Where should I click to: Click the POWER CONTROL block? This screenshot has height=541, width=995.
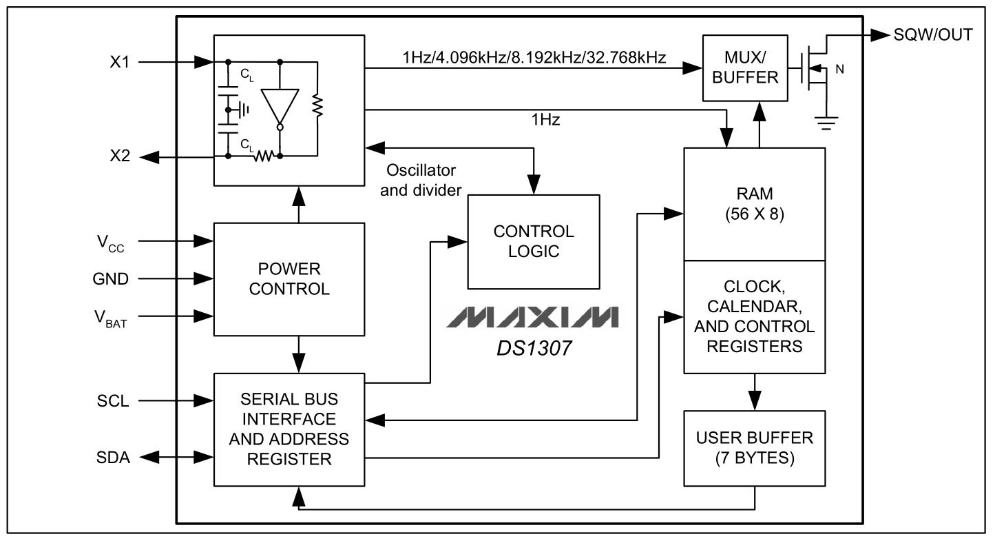[x=289, y=279]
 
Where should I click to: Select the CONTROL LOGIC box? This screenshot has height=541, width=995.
[x=534, y=242]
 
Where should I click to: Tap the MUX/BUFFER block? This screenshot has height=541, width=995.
[x=745, y=68]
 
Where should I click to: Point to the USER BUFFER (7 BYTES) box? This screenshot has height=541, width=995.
[x=754, y=448]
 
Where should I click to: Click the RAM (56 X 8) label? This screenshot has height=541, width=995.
[x=754, y=204]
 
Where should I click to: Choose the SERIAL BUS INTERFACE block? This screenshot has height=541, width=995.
[x=289, y=429]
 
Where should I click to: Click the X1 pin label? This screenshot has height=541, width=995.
[x=120, y=62]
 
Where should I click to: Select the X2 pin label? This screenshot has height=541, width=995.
[x=120, y=156]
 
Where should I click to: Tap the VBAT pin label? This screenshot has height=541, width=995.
[x=111, y=319]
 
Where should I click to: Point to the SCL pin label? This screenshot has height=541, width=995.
[x=113, y=401]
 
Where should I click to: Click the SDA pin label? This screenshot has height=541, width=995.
[x=113, y=458]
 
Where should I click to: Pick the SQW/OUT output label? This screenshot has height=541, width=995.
[x=933, y=34]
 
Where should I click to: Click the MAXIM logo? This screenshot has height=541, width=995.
[x=532, y=317]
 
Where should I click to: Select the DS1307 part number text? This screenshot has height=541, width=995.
[x=534, y=349]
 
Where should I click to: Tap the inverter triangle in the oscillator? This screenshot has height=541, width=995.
[x=280, y=107]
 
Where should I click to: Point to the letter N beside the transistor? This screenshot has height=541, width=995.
[x=839, y=70]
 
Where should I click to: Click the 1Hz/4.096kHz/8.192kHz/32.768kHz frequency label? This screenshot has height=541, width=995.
[x=534, y=58]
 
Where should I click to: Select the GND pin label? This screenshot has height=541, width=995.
[x=111, y=279]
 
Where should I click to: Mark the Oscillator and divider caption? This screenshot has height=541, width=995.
[x=421, y=180]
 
